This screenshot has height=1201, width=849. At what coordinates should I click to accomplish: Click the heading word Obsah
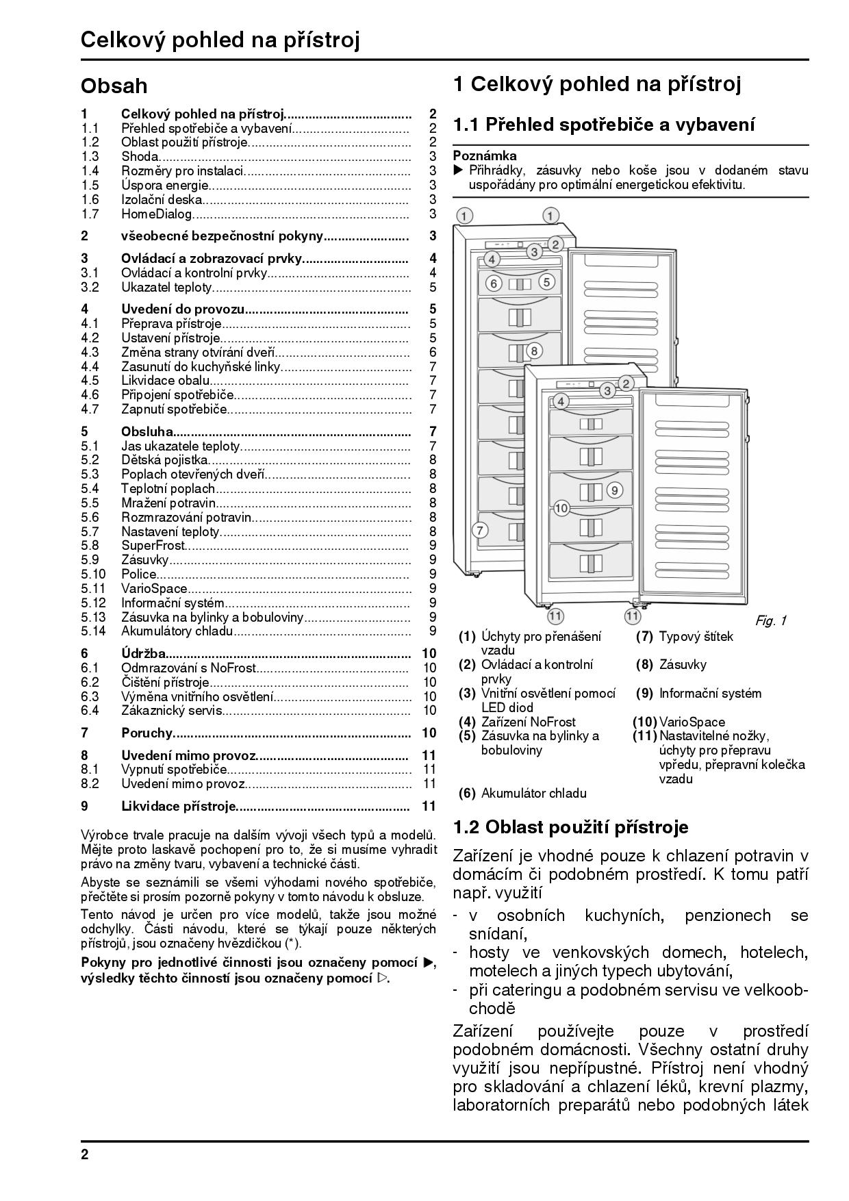coord(114,86)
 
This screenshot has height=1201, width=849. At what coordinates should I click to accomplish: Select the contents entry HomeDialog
coord(157,214)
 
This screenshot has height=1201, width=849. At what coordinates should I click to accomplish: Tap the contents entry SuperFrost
coord(153,546)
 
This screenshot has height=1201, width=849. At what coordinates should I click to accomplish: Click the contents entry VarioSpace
coord(154,589)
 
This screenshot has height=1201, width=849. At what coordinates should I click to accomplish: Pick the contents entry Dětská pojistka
coord(164,460)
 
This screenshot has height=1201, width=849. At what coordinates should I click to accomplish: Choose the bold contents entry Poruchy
coord(147,733)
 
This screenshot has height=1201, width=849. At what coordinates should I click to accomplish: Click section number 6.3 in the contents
coord(90,697)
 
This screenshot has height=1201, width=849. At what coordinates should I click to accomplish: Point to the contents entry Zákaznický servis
coord(172,711)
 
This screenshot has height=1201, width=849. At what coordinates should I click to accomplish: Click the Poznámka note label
coord(485,156)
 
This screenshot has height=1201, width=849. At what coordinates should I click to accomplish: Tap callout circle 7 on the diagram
coord(480,529)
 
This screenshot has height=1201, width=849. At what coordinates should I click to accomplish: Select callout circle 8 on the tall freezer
coord(534,351)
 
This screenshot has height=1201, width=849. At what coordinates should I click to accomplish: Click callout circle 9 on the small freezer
coord(614,490)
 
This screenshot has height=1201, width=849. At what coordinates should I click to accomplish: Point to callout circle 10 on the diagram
coord(561,508)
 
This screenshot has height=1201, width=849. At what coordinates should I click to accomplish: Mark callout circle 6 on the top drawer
coord(494,281)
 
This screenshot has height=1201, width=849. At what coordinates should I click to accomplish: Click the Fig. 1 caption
coord(770,621)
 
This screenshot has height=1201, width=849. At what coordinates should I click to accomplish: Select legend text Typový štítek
coord(696,637)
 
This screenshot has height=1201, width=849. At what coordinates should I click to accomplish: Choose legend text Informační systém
coord(710,694)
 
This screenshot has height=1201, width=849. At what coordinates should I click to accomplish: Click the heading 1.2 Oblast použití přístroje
coord(570,827)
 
